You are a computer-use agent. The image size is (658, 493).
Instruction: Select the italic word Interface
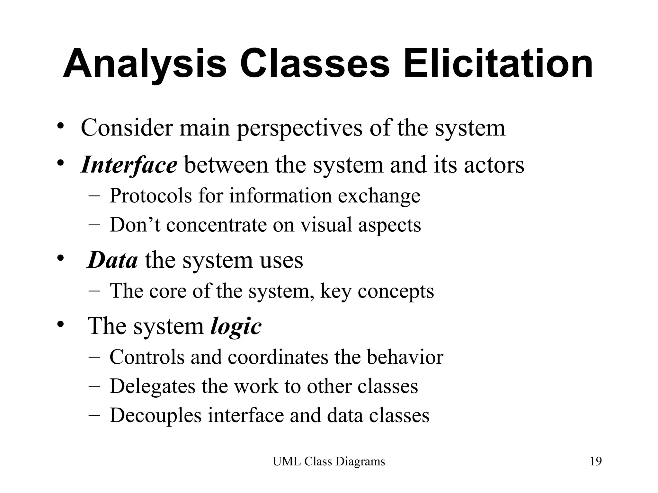(129, 165)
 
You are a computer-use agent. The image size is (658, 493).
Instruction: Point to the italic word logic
(236, 327)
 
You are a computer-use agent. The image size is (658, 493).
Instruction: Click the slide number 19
(596, 462)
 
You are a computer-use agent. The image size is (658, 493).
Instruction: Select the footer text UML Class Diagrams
(329, 462)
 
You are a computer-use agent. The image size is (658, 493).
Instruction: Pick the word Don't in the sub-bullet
(135, 225)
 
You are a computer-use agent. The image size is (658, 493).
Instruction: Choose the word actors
(494, 165)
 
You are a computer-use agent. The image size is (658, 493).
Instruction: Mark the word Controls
(147, 357)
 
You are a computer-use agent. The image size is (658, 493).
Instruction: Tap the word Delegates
(152, 386)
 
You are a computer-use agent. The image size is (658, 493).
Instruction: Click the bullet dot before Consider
(60, 126)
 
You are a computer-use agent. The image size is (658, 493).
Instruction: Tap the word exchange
(379, 196)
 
